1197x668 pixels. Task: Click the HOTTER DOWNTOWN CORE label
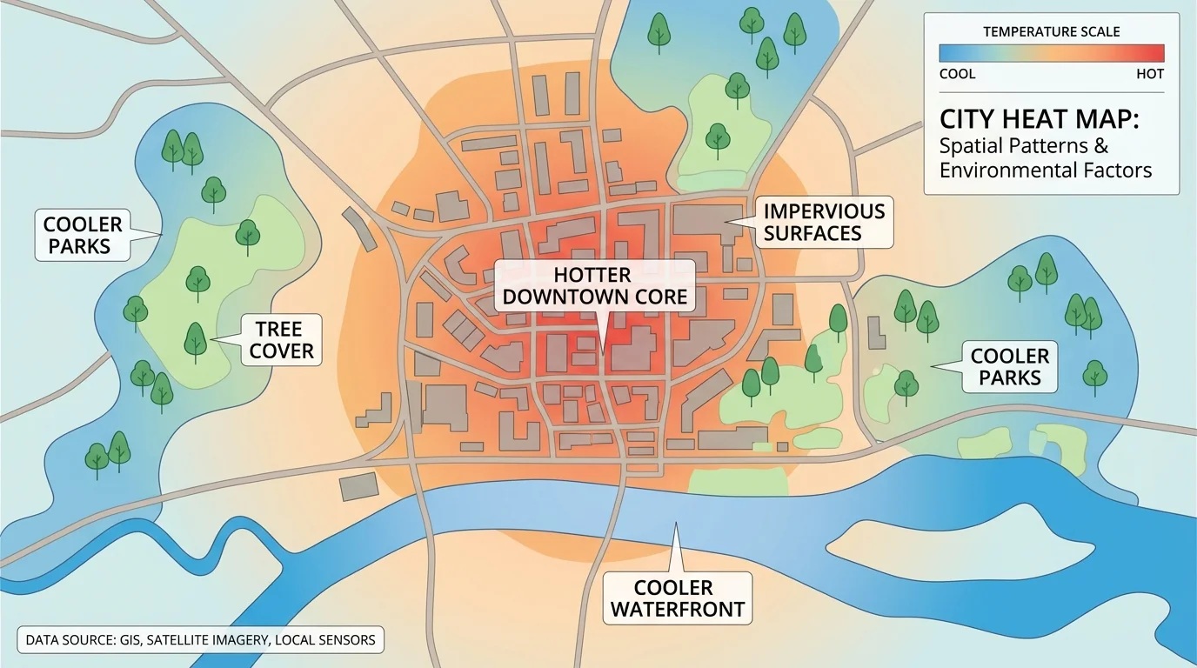[x=595, y=286]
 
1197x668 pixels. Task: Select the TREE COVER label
[x=278, y=340]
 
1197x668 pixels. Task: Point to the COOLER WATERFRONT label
[x=677, y=598]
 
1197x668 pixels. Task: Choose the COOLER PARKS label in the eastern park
[x=1009, y=366]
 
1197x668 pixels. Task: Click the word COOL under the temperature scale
[x=957, y=74]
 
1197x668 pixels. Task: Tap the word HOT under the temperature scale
[x=1149, y=74]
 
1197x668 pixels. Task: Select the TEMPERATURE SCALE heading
[x=1051, y=32]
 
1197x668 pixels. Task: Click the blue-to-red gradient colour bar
[x=1051, y=53]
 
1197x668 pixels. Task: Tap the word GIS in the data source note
[x=127, y=640]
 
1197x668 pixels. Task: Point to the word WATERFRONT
[x=677, y=609]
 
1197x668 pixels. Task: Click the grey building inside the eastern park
[x=878, y=331]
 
